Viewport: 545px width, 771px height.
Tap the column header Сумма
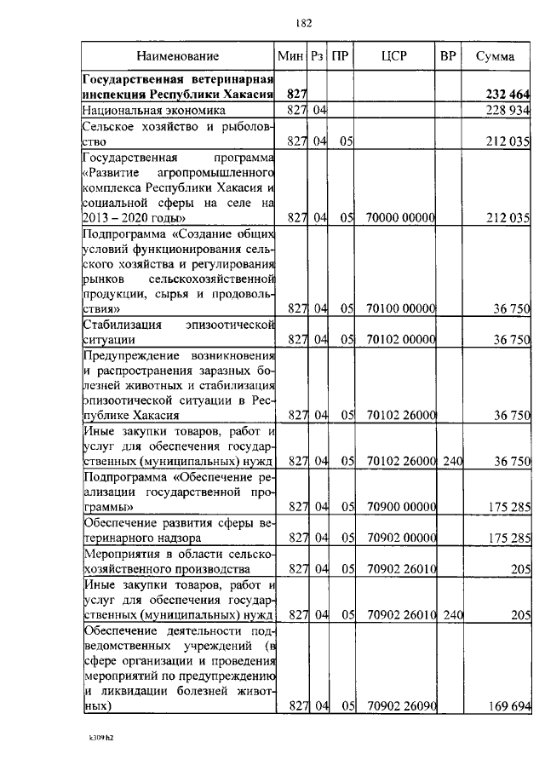494,56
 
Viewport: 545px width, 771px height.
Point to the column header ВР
447,56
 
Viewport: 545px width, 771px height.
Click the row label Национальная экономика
154,111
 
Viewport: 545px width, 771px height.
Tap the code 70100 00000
400,309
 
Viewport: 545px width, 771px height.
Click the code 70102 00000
400,340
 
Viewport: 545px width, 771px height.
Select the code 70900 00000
400,507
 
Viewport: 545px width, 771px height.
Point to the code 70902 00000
400,538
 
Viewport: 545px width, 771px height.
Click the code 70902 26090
400,706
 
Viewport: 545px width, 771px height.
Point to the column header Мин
291,56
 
